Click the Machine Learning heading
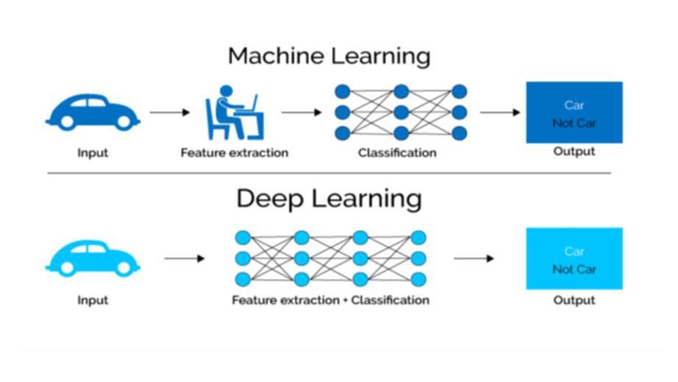[x=329, y=56]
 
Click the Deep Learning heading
[x=329, y=199]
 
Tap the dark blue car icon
[x=92, y=113]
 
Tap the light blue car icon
[x=92, y=258]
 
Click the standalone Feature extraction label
[x=235, y=153]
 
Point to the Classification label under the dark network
[x=397, y=153]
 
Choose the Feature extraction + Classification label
[x=330, y=300]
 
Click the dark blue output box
[x=574, y=113]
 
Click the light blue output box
[x=574, y=258]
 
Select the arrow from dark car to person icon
[x=170, y=113]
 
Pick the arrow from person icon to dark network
[x=301, y=113]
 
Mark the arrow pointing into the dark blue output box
[x=501, y=113]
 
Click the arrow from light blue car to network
[x=185, y=258]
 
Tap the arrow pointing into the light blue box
[x=474, y=258]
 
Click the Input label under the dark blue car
[x=93, y=153]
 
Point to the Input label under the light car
[x=93, y=300]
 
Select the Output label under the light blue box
[x=574, y=300]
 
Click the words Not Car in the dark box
[x=574, y=123]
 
